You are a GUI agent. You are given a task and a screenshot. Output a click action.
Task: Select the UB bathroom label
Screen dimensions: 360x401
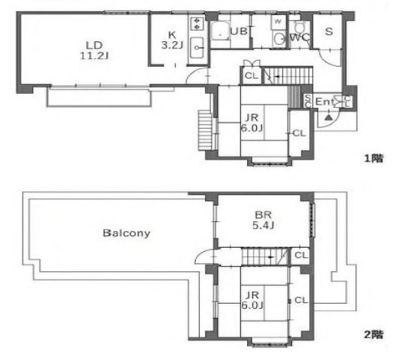click(x=239, y=32)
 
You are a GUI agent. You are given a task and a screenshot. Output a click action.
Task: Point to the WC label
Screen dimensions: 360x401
click(x=300, y=38)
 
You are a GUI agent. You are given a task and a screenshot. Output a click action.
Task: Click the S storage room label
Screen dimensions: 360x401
click(x=328, y=32)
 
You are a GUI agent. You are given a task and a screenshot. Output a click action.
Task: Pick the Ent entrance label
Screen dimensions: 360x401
click(x=324, y=100)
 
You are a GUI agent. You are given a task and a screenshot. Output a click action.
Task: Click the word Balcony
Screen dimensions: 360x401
click(x=126, y=233)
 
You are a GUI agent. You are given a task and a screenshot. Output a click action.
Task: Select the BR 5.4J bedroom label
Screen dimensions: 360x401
click(x=265, y=219)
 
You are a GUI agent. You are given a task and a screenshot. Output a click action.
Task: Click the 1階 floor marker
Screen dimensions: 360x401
click(x=373, y=157)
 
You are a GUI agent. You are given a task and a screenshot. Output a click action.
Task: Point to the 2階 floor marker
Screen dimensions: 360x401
click(x=373, y=333)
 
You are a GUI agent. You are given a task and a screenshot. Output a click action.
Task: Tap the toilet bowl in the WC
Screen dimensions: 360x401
click(x=279, y=39)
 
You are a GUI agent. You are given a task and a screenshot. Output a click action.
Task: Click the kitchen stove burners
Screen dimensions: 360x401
click(x=198, y=23)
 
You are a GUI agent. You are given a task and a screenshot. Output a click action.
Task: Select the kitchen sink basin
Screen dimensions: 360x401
click(x=198, y=47)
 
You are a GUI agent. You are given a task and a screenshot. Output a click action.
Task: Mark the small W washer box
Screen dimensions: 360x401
click(x=278, y=20)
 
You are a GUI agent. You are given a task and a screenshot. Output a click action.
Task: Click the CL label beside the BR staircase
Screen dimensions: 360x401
click(x=301, y=255)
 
